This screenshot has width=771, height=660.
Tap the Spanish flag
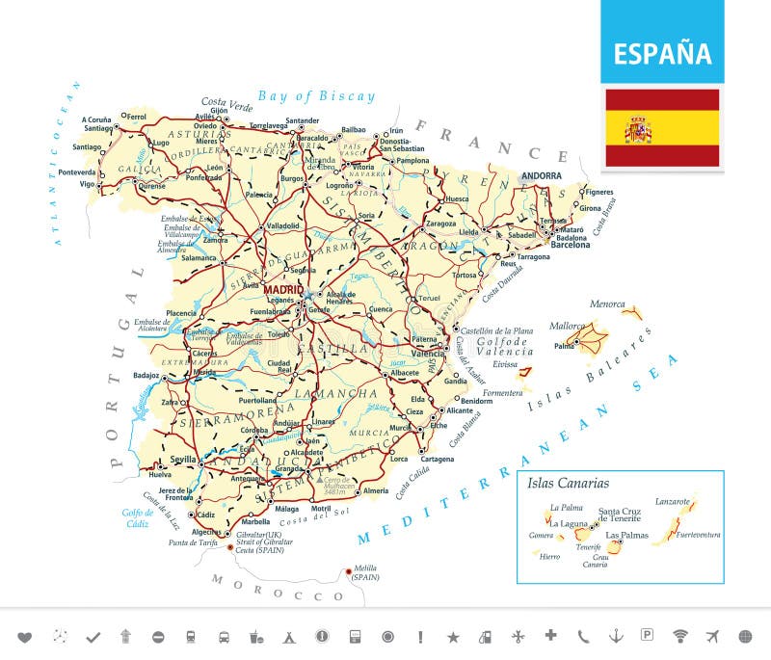click(x=662, y=129)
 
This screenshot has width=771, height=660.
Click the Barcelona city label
click(x=570, y=245)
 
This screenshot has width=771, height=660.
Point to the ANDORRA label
click(x=541, y=176)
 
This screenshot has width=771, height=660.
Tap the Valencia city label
click(x=428, y=354)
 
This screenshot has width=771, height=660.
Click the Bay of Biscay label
click(x=316, y=95)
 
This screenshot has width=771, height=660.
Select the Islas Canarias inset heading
click(x=568, y=483)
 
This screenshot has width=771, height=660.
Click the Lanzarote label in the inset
click(x=673, y=501)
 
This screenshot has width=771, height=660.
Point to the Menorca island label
click(x=607, y=304)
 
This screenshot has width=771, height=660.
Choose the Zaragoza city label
click(x=440, y=223)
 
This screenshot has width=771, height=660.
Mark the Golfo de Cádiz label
click(x=137, y=517)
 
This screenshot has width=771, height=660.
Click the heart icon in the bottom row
click(x=25, y=636)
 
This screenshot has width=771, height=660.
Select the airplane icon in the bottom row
click(x=713, y=636)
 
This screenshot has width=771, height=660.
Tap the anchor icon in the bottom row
click(x=614, y=636)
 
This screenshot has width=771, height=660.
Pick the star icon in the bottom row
click(x=453, y=636)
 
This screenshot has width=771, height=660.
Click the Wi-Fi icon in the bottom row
click(x=680, y=636)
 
